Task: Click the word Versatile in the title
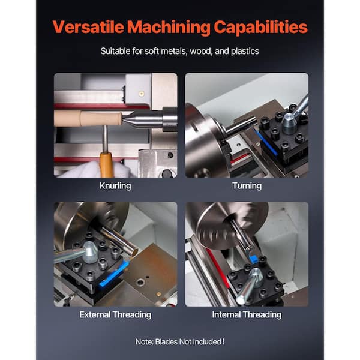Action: pos(88,27)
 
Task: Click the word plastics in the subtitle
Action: pos(245,51)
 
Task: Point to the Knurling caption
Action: pos(115,186)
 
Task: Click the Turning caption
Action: pos(247,186)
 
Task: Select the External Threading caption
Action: pos(115,314)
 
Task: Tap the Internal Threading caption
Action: pos(247,314)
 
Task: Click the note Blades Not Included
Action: pos(180,341)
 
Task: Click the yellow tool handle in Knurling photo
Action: pos(106,164)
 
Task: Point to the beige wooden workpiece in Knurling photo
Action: pos(88,118)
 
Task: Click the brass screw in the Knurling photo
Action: pos(142,94)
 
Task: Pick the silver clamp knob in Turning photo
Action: pos(290,123)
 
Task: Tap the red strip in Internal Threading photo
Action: pos(218,269)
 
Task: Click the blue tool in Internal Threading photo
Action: pos(253,259)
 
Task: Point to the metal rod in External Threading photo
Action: pos(119,241)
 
